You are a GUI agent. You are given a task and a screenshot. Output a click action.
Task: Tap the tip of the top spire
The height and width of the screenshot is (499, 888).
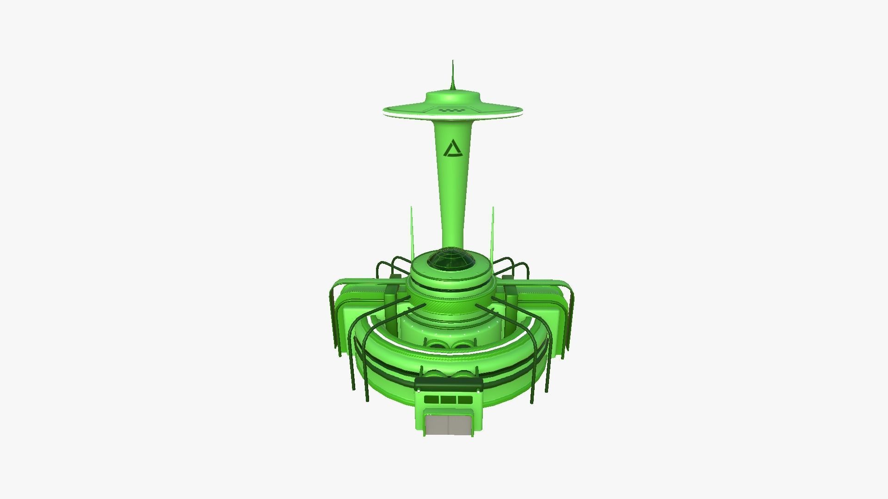453,61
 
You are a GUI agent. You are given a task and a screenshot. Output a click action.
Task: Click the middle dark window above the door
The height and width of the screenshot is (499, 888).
448,400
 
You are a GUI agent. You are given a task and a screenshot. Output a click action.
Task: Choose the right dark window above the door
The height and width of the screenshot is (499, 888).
464,400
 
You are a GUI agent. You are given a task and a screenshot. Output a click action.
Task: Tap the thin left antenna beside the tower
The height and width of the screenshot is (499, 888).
411,231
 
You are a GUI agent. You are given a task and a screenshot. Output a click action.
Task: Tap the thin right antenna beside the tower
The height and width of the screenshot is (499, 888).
493,231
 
